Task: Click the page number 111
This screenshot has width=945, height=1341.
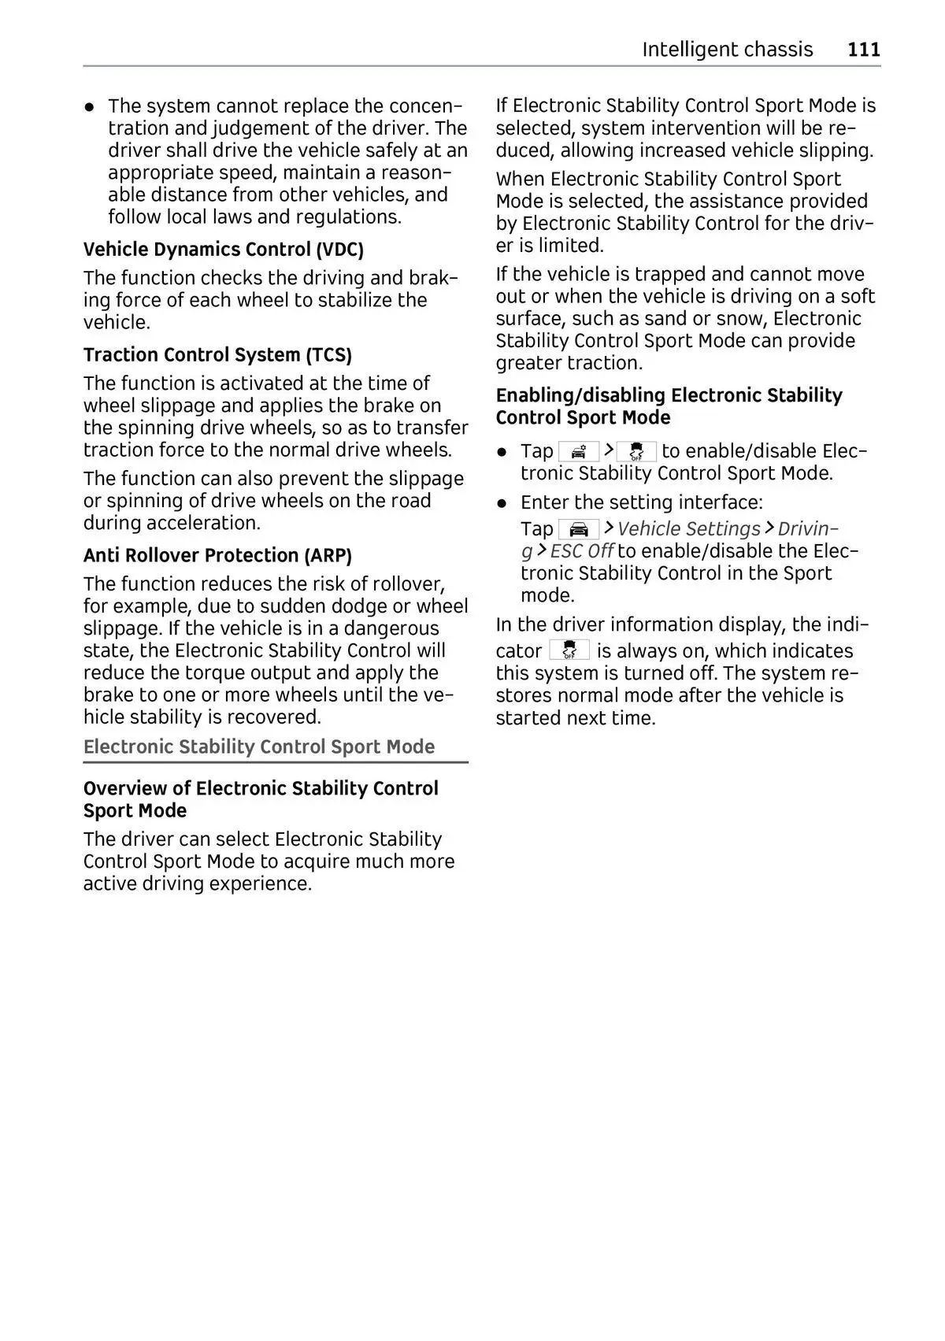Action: click(863, 50)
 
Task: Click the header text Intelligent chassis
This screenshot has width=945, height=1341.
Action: click(727, 50)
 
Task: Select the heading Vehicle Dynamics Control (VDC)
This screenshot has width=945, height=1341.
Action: click(224, 250)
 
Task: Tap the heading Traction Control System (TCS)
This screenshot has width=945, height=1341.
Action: click(217, 355)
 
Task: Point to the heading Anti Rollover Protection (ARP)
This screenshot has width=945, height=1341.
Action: click(217, 556)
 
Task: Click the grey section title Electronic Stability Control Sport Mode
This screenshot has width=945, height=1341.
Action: click(259, 747)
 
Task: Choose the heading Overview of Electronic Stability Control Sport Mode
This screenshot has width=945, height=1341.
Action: click(261, 799)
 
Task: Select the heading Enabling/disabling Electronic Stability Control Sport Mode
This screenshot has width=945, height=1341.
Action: click(669, 406)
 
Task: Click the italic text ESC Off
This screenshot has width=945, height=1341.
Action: click(581, 551)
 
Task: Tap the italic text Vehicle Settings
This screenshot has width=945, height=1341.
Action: click(689, 529)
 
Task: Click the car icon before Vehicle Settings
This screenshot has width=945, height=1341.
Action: click(579, 529)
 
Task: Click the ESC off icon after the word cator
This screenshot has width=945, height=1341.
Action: click(569, 650)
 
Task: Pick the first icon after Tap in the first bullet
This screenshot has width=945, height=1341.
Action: click(579, 451)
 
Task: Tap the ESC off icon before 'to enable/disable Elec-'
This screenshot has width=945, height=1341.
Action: click(636, 451)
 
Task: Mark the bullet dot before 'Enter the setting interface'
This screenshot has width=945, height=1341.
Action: click(502, 503)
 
